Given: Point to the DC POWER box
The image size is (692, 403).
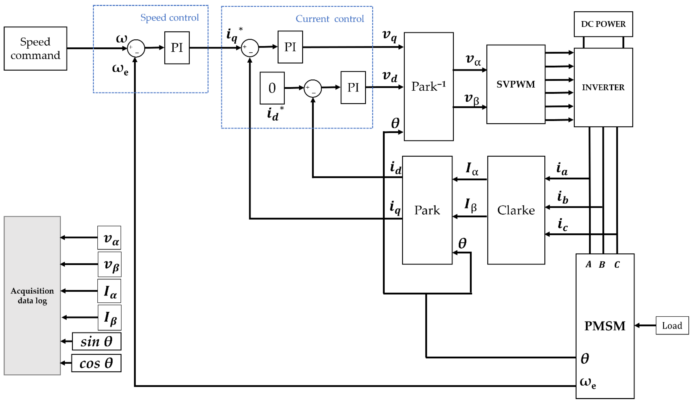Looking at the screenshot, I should point(603,24).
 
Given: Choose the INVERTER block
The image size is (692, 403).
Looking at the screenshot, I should point(603,87).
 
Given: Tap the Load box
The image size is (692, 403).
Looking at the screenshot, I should point(672,326).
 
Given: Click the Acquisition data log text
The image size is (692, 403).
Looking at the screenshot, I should point(32,296).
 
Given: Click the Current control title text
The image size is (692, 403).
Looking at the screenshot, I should point(330,19).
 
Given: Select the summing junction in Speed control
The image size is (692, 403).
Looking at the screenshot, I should point(136,48).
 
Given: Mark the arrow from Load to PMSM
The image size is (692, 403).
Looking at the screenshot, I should point(645,326).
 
